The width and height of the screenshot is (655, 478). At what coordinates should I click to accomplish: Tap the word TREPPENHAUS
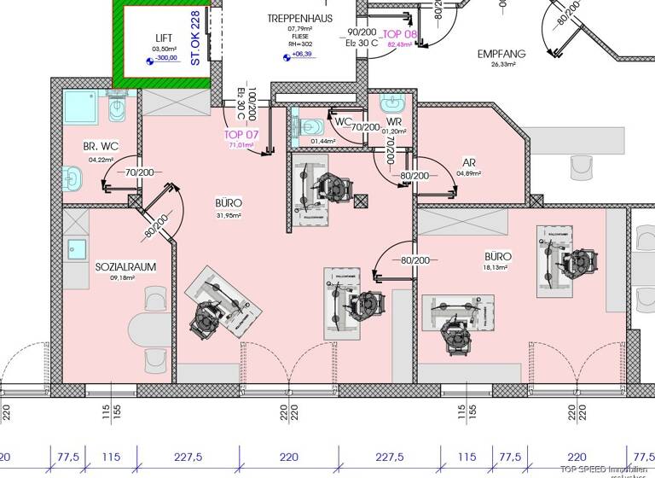pos(299,18)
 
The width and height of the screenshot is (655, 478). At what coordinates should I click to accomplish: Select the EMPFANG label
pos(501,54)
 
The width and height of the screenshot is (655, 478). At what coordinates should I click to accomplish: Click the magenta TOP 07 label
pos(241,135)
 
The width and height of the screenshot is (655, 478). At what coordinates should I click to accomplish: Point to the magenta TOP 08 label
pos(402,33)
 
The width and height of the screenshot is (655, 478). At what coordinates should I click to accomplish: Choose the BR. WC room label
pos(101,147)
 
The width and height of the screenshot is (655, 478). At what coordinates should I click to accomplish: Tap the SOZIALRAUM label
pos(125,266)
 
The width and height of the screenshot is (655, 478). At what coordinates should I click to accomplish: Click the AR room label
pos(468,162)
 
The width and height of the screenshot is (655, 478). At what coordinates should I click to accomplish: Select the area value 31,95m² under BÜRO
pos(229,215)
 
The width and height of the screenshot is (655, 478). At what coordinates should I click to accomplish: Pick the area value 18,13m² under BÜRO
pos(496,267)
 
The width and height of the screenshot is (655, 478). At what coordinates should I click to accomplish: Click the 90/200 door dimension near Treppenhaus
pos(356,33)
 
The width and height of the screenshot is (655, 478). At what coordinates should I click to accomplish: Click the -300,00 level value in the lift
pos(165,59)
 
